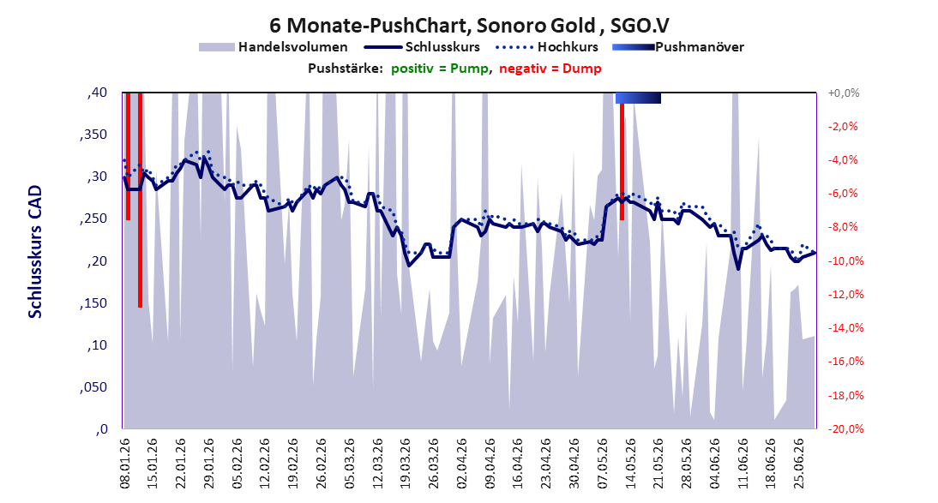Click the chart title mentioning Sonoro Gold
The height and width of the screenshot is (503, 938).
point(469,25)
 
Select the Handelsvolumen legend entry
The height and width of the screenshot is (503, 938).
point(273,46)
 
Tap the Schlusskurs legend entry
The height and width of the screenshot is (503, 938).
point(422,46)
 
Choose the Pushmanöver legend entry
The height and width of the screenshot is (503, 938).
point(677,46)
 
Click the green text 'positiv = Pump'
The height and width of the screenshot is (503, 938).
point(440,69)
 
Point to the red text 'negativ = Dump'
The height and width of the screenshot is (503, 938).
point(550,69)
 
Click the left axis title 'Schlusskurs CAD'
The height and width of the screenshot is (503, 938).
point(35,252)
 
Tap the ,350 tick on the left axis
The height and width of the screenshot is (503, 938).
point(93,135)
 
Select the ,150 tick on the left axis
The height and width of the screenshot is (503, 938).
point(93,303)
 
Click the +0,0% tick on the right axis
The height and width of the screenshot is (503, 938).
point(844,93)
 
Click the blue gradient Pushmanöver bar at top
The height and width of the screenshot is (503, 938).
point(638,98)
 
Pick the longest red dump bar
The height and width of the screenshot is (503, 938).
point(140,200)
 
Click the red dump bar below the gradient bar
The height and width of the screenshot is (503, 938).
point(622,161)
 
